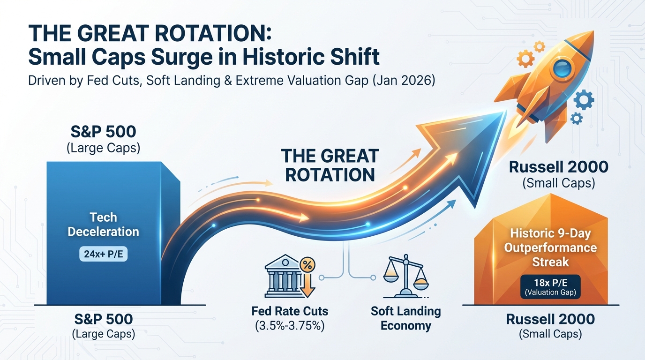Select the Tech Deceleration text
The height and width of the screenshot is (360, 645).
103,224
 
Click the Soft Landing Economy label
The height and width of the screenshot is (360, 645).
405,318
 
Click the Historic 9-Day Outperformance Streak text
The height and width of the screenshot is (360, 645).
550,247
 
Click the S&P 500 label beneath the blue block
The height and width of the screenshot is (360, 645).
104,319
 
